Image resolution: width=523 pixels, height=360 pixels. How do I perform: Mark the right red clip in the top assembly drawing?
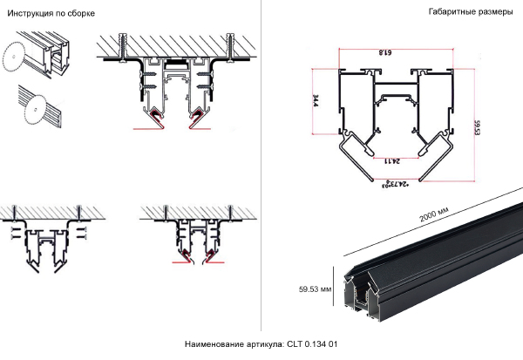[x=198, y=114]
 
